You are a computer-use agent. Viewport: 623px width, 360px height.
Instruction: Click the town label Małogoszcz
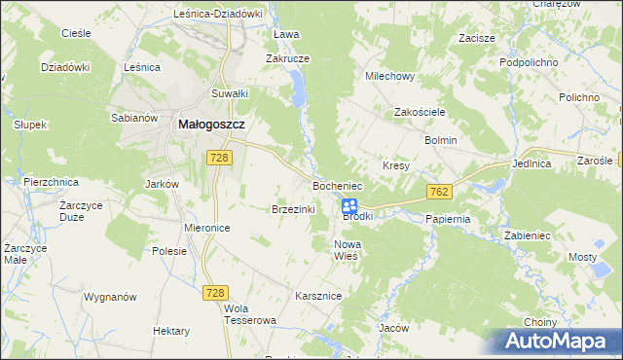(x=210, y=125)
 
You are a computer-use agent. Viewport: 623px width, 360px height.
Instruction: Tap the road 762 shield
(x=437, y=194)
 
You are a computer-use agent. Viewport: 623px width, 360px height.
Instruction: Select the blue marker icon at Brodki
(x=348, y=206)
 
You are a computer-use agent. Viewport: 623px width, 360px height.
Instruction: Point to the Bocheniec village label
(x=337, y=185)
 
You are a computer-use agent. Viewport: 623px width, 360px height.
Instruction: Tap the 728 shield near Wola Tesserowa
(x=217, y=293)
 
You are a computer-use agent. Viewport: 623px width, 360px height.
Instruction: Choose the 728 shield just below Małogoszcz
(x=219, y=157)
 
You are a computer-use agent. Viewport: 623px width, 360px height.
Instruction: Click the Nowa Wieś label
(x=347, y=249)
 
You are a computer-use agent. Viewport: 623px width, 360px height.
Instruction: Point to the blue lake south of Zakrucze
(x=297, y=93)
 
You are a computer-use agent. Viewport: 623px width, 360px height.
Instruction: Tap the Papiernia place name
(x=448, y=219)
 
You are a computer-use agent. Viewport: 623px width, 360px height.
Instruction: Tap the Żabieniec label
(x=529, y=235)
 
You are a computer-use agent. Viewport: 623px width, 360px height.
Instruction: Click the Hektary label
(x=170, y=331)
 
